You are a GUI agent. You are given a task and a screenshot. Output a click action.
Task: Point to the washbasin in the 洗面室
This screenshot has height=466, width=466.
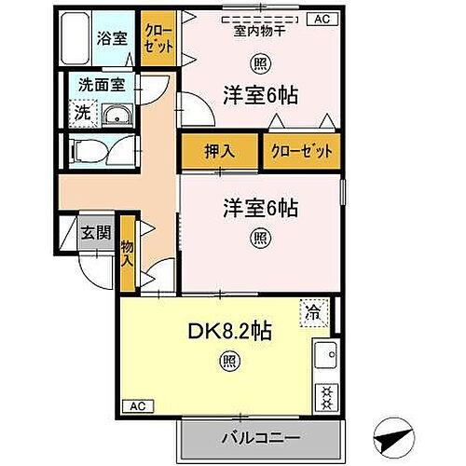coord(116,115)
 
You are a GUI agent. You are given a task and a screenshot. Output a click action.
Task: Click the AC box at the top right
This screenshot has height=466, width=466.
coord(322,19)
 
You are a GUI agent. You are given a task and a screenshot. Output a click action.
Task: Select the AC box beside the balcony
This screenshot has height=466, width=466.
coord(137,406)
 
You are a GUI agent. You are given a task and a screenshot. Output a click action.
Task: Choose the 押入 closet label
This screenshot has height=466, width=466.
coord(219,150)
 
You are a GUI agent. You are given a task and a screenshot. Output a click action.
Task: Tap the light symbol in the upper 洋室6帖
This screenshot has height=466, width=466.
coord(258,63)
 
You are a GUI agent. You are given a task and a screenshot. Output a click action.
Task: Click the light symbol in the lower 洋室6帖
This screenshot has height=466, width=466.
coord(258,237)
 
